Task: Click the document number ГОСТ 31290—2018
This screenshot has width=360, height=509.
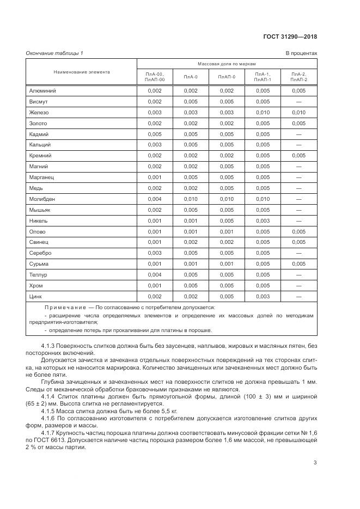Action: click(294, 37)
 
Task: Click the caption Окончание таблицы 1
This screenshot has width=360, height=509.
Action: click(54, 53)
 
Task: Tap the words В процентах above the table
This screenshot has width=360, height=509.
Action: click(301, 53)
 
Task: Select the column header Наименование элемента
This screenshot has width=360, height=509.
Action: click(81, 72)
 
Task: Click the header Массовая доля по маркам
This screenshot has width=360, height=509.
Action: click(227, 64)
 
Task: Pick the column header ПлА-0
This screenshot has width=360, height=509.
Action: click(191, 77)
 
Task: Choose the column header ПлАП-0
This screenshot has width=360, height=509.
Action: click(227, 77)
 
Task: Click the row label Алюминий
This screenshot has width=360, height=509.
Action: click(42, 91)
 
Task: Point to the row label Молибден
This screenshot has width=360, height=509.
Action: click(42, 199)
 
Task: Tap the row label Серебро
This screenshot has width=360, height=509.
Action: click(41, 253)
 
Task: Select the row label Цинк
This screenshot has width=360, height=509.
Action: click(36, 296)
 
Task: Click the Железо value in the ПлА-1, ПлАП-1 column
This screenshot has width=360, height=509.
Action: click(263, 113)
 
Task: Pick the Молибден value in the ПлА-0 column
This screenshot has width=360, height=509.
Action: click(191, 199)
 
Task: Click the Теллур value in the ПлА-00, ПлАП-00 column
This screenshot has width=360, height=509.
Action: click(155, 275)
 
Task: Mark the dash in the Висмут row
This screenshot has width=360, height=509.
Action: click(298, 102)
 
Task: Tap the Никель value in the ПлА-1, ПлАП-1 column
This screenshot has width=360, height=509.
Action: click(263, 221)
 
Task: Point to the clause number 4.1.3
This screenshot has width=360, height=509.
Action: click(49, 347)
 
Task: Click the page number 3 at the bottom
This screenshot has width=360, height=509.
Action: click(315, 463)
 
